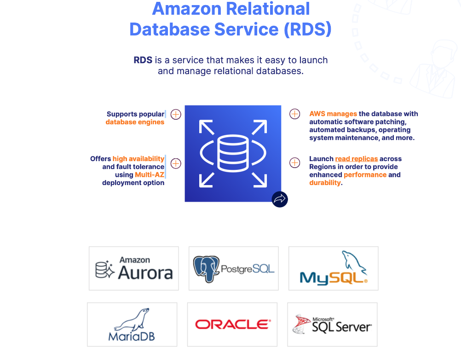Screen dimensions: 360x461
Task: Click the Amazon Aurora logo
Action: pyautogui.click(x=133, y=268)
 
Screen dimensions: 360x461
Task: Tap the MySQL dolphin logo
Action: pyautogui.click(x=334, y=268)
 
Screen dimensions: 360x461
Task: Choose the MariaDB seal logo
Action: pyautogui.click(x=132, y=325)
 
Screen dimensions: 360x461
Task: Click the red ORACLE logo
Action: pyautogui.click(x=232, y=325)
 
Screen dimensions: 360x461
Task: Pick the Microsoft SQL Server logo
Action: pyautogui.click(x=332, y=325)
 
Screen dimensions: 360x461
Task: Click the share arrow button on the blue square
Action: pyautogui.click(x=280, y=199)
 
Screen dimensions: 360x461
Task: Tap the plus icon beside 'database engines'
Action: pyautogui.click(x=176, y=114)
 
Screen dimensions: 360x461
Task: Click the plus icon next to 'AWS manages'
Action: pyautogui.click(x=294, y=114)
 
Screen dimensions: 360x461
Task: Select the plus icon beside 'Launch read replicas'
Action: pyautogui.click(x=294, y=163)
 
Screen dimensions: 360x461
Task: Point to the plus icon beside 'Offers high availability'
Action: pyautogui.click(x=176, y=163)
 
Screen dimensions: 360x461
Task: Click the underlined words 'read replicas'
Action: pyautogui.click(x=356, y=159)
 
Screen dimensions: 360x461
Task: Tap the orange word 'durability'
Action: pyautogui.click(x=325, y=183)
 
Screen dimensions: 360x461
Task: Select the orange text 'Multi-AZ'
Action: pyautogui.click(x=150, y=175)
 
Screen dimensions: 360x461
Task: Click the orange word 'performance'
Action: pyautogui.click(x=365, y=175)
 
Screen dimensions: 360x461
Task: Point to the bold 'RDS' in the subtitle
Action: pyautogui.click(x=143, y=60)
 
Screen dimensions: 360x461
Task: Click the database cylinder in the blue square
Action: pyautogui.click(x=233, y=153)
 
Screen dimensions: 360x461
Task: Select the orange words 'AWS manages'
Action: pyautogui.click(x=333, y=114)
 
